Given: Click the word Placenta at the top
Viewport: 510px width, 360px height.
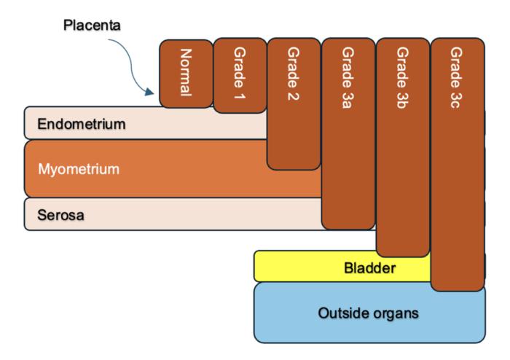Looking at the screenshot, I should [x=91, y=26].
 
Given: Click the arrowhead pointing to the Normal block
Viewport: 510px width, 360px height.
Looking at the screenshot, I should [x=150, y=93].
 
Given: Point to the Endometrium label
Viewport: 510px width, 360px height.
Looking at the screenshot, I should [x=81, y=125].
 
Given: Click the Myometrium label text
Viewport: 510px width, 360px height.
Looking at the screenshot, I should [x=78, y=169].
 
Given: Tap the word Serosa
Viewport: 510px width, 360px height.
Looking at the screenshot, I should [x=60, y=216].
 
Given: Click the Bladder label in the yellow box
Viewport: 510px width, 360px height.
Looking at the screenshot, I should [x=369, y=268].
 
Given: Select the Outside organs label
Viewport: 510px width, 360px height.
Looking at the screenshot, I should [x=369, y=313].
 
